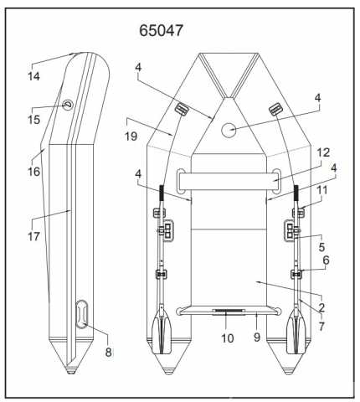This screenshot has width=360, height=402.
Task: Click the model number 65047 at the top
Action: (x=161, y=30)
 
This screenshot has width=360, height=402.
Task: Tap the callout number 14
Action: (x=33, y=76)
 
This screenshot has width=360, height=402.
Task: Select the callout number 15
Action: (x=33, y=120)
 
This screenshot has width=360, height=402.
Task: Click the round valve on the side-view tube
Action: (x=68, y=105)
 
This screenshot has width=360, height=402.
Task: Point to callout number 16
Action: (x=33, y=172)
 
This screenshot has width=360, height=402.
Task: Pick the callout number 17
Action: (x=33, y=236)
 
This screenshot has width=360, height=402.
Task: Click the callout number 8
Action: (x=108, y=352)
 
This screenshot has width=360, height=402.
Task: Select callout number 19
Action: (x=131, y=137)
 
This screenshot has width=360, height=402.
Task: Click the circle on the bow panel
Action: (x=229, y=130)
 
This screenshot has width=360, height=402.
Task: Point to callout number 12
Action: (x=323, y=152)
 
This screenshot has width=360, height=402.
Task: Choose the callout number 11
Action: (x=322, y=191)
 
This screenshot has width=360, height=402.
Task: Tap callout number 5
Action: (x=321, y=247)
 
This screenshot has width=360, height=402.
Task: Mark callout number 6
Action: (x=326, y=260)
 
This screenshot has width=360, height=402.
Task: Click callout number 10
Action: (x=227, y=338)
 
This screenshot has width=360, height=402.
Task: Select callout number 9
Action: (x=257, y=338)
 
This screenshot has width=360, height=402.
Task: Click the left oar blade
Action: (x=162, y=330)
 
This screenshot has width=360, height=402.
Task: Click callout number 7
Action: (x=321, y=326)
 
